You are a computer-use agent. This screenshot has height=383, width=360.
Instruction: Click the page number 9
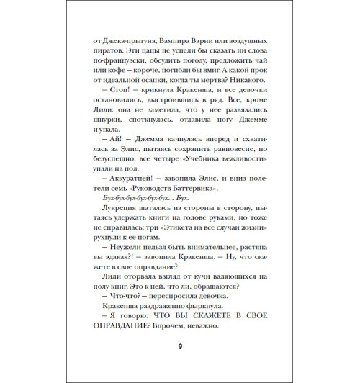180,348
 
